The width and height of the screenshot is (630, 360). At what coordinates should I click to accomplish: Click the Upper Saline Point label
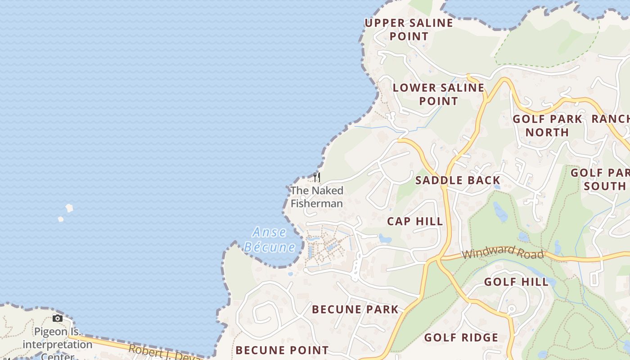click(409, 29)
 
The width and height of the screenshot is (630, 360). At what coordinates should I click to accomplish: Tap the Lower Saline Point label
click(438, 94)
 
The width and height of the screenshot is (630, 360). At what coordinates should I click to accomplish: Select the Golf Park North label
click(547, 126)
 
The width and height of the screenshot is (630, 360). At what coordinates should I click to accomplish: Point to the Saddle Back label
click(458, 181)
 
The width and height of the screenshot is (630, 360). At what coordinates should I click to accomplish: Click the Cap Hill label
click(415, 221)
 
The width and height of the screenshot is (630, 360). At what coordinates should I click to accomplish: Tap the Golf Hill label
click(516, 282)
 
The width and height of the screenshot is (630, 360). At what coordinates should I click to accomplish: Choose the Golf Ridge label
click(461, 337)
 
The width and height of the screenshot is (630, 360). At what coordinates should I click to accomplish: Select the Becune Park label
click(355, 309)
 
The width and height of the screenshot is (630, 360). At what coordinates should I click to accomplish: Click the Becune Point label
click(282, 350)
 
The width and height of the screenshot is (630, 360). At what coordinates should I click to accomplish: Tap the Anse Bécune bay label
click(270, 239)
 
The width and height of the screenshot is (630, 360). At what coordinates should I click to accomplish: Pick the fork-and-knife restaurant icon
click(317, 177)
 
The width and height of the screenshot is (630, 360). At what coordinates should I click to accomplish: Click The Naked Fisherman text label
click(317, 197)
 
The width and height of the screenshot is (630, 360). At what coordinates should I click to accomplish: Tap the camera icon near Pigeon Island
click(57, 319)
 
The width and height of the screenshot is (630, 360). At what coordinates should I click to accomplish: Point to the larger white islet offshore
click(69, 208)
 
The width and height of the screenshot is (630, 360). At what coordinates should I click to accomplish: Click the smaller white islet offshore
click(61, 219)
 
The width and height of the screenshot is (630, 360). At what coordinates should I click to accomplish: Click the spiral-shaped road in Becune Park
click(263, 313)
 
